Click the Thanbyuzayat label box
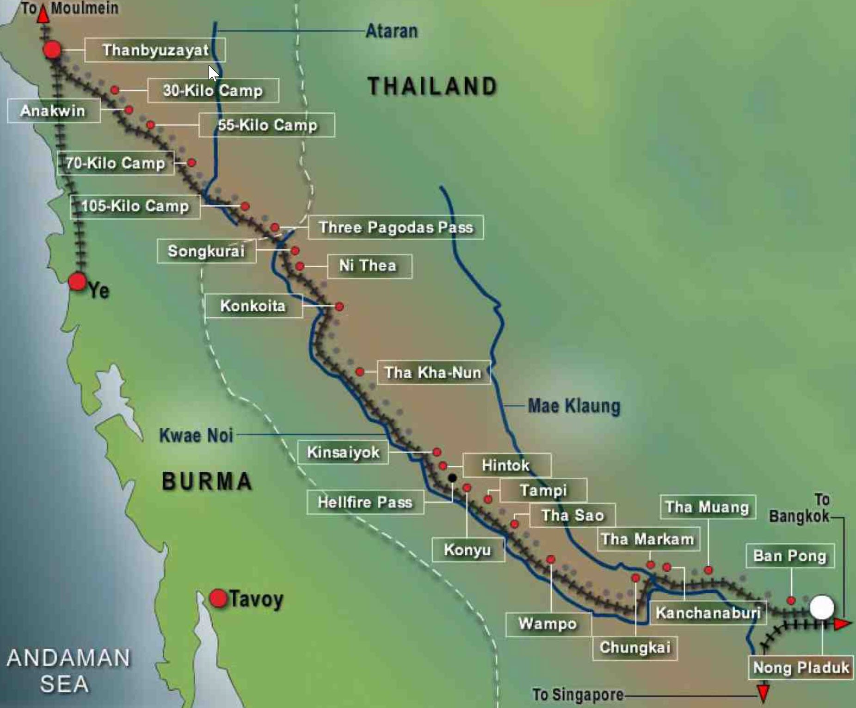(x=155, y=50)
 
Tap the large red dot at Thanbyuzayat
(x=52, y=49)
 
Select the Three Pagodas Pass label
(x=396, y=227)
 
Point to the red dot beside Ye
(x=77, y=281)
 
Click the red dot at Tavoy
(x=218, y=598)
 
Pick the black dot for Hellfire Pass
(x=452, y=478)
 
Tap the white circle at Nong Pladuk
(x=822, y=607)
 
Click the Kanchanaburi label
(x=708, y=613)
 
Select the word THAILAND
(x=432, y=86)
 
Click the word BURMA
(x=207, y=481)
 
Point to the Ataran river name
(x=392, y=31)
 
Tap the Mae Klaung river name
(x=574, y=406)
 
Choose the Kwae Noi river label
(x=196, y=435)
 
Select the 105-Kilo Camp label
(x=135, y=206)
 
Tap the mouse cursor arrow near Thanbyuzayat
(x=213, y=73)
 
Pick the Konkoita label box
(x=253, y=306)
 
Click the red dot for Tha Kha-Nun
(x=360, y=371)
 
